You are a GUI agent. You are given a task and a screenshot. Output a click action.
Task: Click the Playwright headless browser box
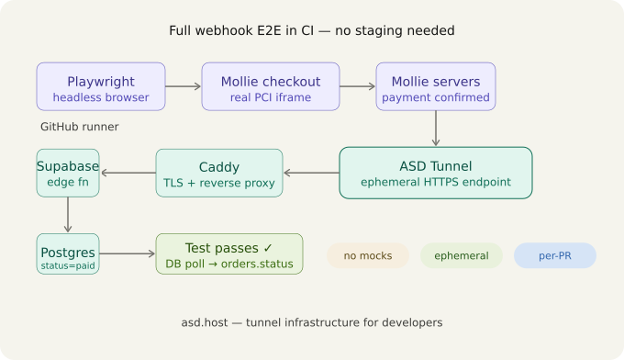101,86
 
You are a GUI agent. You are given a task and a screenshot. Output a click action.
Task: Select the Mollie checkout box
271,86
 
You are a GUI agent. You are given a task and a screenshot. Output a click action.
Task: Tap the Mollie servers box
436,86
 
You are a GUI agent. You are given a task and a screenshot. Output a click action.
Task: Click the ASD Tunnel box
436,173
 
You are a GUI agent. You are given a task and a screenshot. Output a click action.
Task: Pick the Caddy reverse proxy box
219,173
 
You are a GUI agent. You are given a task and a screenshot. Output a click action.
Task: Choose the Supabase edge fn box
67,173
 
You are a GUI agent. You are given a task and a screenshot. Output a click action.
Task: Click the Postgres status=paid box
67,254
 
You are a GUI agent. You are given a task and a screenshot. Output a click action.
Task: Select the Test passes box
228,254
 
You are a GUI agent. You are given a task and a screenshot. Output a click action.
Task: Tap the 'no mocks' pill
368,255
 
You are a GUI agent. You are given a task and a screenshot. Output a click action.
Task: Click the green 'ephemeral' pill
462,255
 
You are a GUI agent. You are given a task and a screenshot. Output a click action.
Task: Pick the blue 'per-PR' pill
555,255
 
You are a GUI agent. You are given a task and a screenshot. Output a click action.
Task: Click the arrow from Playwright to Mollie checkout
184,86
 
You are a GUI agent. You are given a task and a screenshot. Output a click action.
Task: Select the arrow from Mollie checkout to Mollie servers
358,86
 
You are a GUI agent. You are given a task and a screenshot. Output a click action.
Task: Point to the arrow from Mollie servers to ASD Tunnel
436,129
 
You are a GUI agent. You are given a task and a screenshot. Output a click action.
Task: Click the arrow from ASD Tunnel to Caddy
311,173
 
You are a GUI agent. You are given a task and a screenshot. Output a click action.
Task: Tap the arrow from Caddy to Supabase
128,173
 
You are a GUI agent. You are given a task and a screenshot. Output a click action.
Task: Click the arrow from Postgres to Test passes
127,254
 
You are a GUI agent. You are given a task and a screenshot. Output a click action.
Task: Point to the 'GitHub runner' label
80,127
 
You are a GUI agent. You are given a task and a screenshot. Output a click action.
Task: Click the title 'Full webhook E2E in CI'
312,30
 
